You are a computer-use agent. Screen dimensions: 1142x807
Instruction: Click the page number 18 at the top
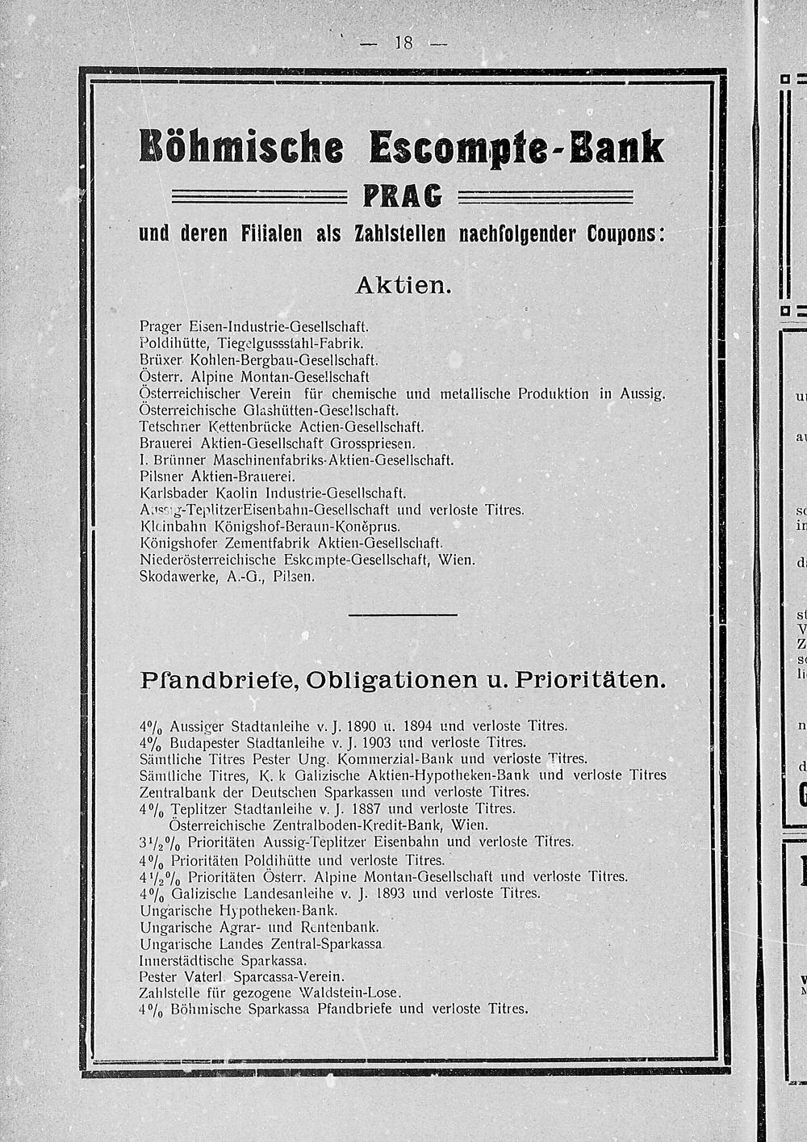[x=403, y=43]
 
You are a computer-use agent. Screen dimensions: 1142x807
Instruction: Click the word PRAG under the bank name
[x=403, y=196]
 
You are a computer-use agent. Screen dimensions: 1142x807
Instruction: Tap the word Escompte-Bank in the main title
[x=516, y=148]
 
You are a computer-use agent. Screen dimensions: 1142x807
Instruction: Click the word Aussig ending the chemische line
[x=642, y=393]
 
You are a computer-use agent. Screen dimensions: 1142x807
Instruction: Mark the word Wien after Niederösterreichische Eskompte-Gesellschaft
[x=457, y=560]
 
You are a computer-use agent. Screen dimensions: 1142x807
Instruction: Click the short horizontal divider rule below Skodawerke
[x=402, y=616]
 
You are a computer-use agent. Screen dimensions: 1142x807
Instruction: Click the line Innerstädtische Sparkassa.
[x=223, y=961]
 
